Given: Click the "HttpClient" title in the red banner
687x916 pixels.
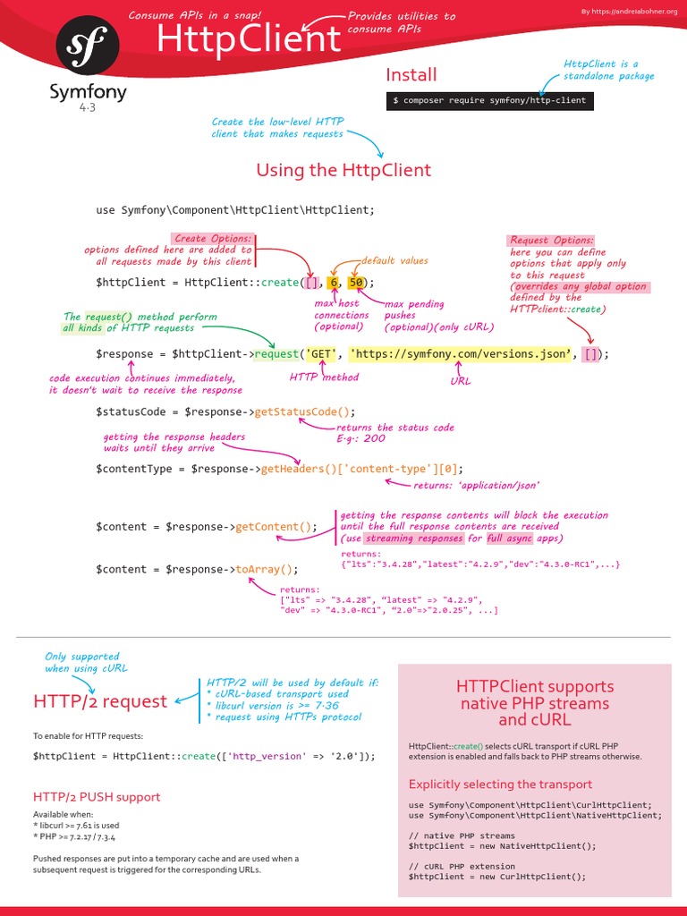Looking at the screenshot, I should [249, 39].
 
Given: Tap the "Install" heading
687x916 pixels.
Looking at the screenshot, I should [411, 74].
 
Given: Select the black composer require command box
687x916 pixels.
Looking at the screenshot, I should [490, 100].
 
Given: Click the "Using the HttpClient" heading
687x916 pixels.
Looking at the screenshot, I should [343, 170].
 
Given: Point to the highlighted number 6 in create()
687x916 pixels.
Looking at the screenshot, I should [334, 283].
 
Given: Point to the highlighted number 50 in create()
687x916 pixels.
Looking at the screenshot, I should [356, 283].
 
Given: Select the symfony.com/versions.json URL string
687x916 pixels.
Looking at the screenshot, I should [459, 353].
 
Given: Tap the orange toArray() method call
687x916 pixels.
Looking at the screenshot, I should [267, 569].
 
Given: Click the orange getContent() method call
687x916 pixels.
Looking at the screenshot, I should [276, 527].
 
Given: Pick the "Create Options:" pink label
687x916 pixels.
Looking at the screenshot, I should [213, 239].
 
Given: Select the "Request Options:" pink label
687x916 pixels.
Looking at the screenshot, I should [551, 240].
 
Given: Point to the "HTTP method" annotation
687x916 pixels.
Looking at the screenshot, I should [324, 377].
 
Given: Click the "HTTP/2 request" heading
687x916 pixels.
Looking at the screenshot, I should [100, 701].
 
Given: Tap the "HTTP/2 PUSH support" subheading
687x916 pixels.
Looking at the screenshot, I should [97, 796].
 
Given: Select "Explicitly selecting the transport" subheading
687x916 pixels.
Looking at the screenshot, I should [500, 784].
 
